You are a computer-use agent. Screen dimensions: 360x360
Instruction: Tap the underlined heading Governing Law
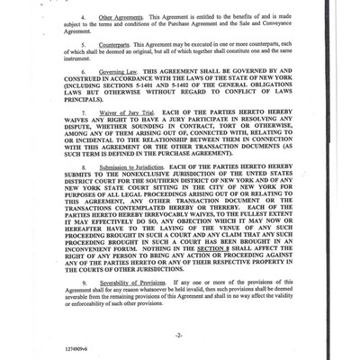click(115, 71)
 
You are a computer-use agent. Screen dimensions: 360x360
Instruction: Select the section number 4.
click(83, 17)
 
